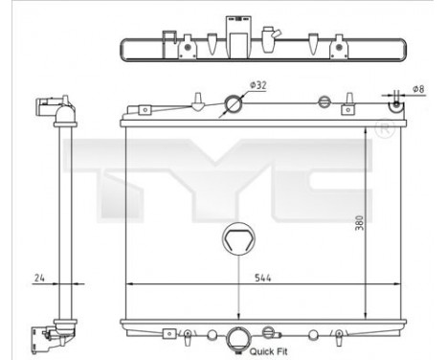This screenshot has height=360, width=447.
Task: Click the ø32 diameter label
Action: (257, 86)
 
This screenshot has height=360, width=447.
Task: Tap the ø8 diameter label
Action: (418, 90)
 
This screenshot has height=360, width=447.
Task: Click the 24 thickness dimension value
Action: (38, 278)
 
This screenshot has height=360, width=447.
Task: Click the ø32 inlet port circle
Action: (234, 105)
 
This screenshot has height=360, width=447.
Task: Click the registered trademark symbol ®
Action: (384, 128)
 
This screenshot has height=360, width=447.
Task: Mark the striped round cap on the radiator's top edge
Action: (324, 102)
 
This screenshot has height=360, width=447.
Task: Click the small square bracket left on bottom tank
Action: (170, 333)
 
